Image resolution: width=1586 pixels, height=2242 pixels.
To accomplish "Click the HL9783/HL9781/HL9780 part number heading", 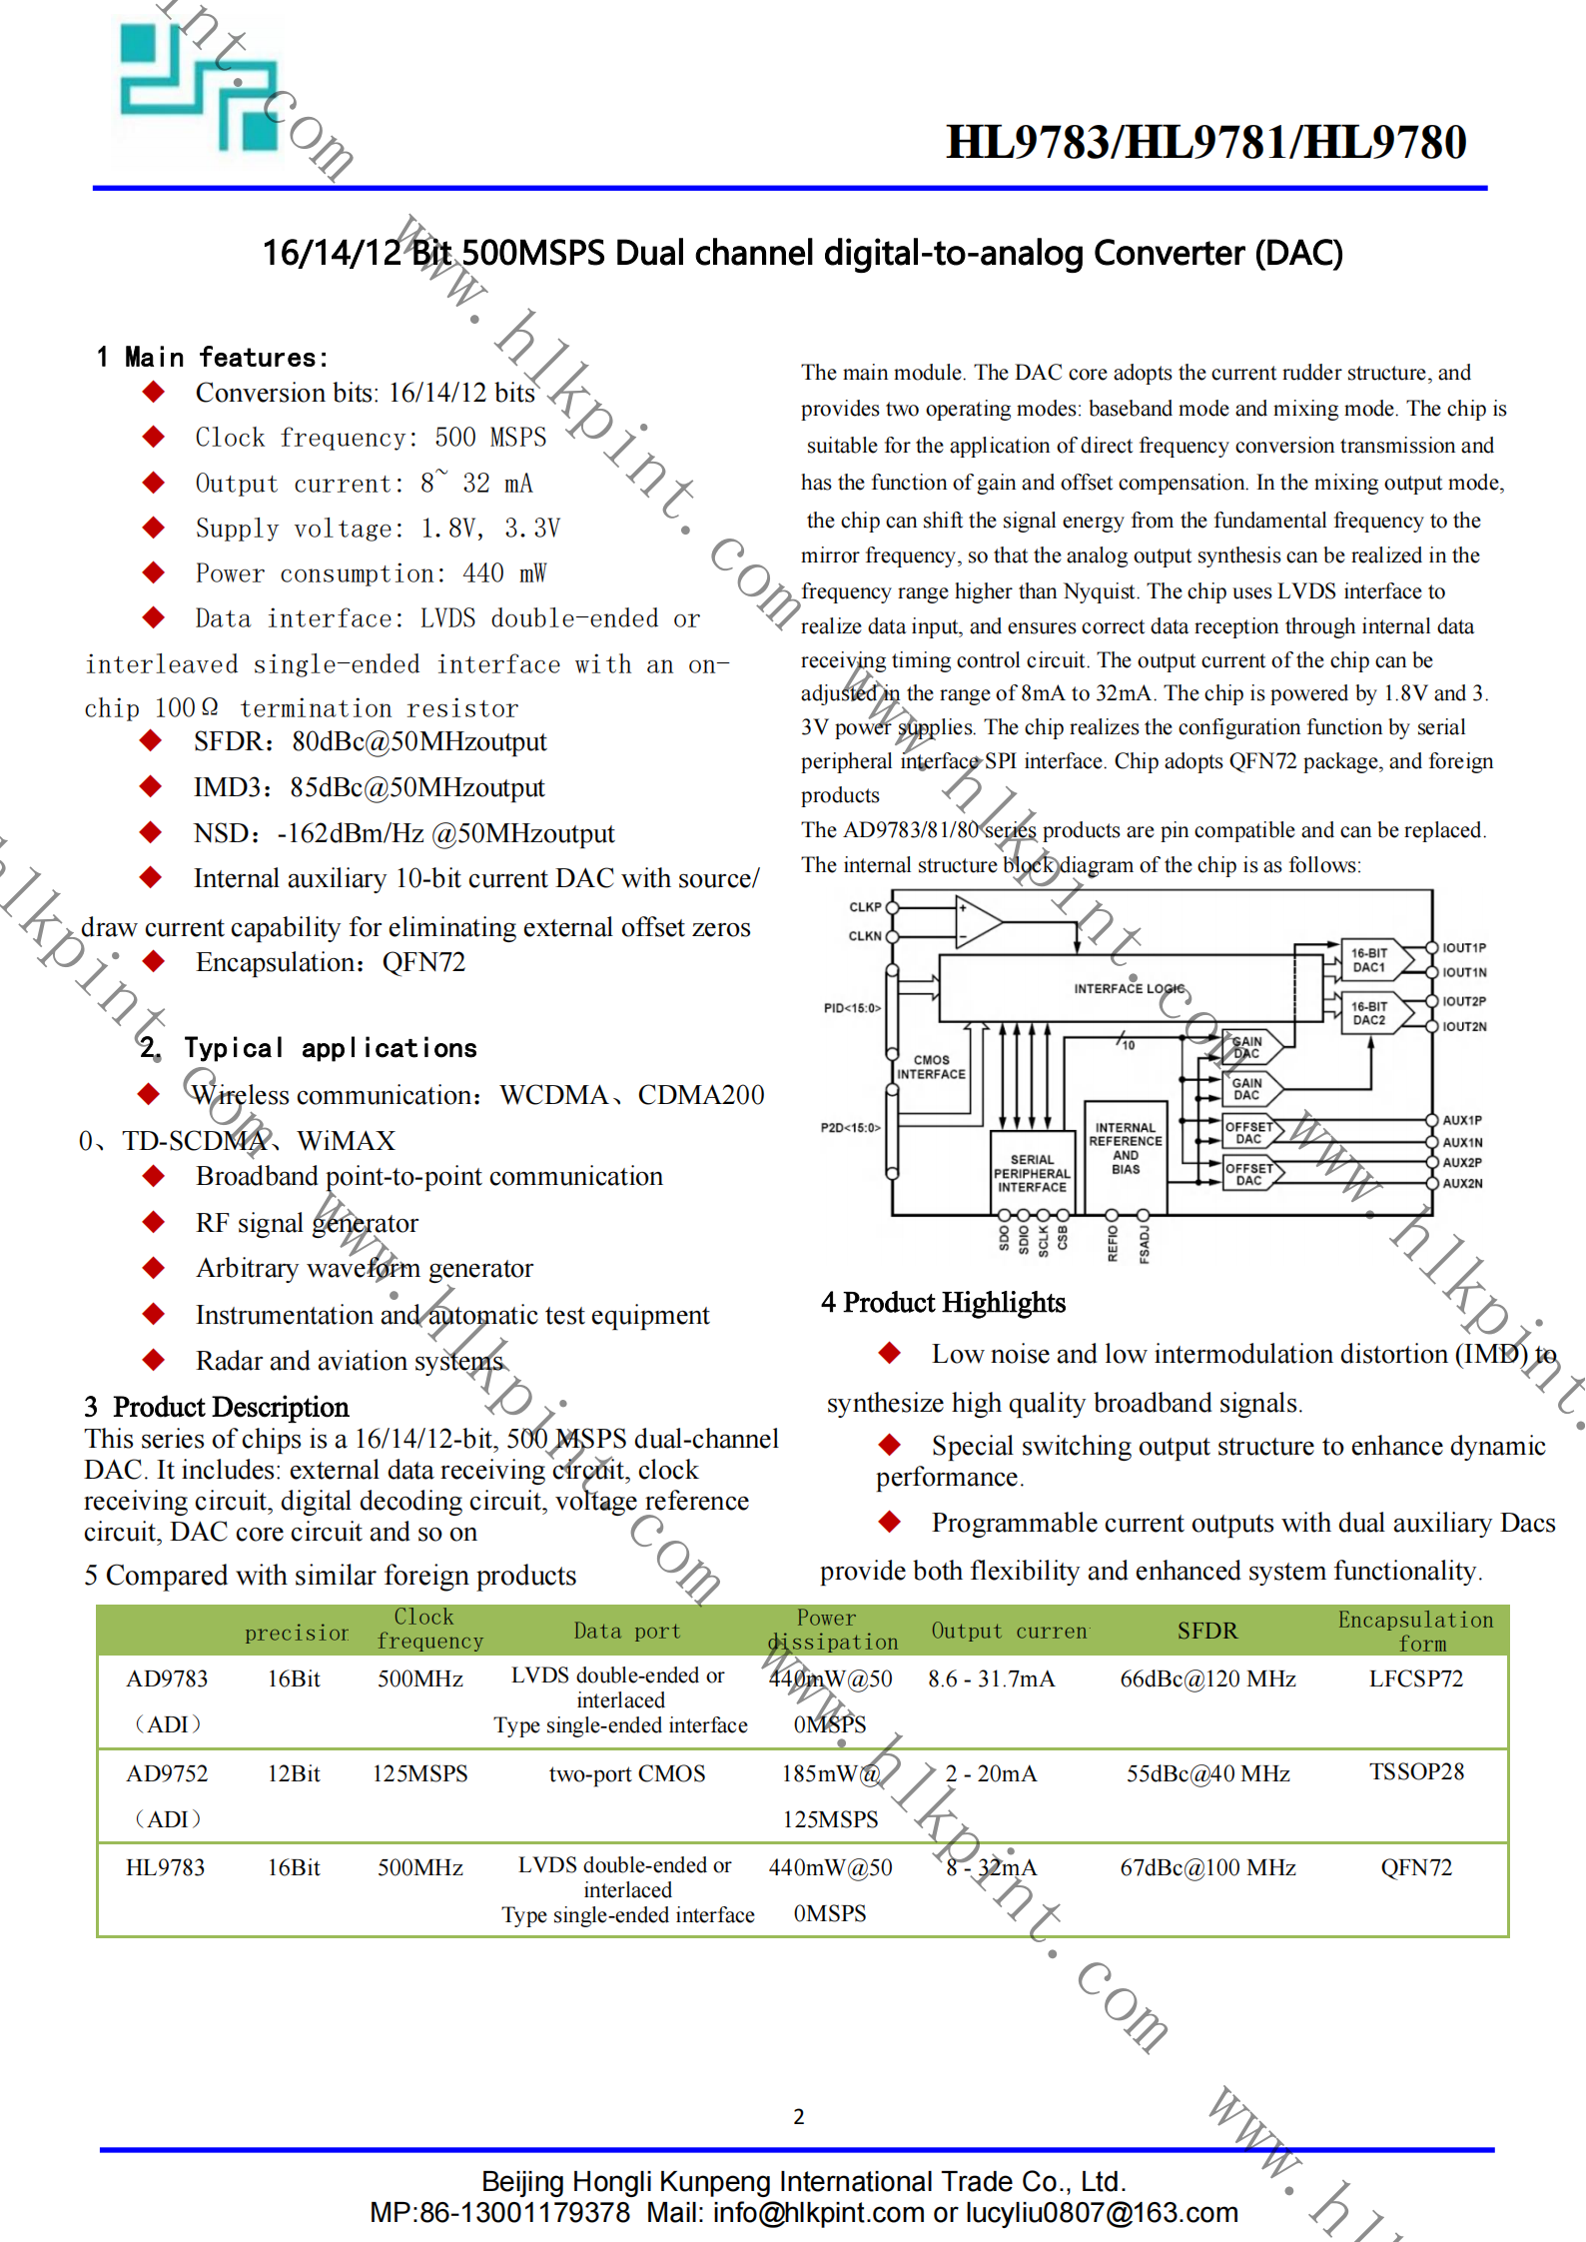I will point(1205,142).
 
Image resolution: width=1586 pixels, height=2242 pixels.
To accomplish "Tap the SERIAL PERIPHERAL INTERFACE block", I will point(1032,1173).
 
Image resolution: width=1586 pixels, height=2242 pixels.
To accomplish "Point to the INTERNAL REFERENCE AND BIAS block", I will point(1126,1149).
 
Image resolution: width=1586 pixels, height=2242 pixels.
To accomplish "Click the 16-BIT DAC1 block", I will point(1369,960).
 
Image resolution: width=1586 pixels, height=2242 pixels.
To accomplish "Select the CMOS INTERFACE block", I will point(931,1067).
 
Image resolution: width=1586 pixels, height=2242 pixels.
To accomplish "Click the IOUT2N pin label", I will point(1464,1026).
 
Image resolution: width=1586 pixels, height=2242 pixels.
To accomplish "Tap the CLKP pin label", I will point(865,907).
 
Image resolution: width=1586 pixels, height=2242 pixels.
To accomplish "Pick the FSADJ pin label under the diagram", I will point(1145,1244).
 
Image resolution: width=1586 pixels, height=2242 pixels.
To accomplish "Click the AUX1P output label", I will point(1462,1120).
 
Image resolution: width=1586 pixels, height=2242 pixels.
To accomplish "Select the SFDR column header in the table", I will point(1206,1631).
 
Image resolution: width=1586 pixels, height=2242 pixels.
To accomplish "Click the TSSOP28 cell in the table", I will point(1416,1771).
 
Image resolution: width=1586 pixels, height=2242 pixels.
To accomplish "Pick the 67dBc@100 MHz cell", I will point(1207,1867).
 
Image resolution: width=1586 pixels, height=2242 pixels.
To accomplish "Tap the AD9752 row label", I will point(167,1773).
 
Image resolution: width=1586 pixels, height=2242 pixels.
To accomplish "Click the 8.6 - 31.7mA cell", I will point(991,1679).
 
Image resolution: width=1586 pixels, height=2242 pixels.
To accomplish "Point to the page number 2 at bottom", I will point(799,2116).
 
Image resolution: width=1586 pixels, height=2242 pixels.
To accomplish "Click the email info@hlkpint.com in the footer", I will point(819,2213).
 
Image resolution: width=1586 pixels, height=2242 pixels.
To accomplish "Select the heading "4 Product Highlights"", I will point(943,1302).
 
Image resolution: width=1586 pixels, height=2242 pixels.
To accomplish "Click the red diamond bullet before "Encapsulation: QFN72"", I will point(154,961).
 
